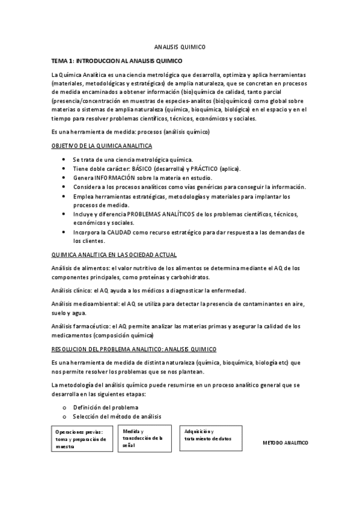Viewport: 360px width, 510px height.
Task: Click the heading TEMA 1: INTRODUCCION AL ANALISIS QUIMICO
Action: click(118, 61)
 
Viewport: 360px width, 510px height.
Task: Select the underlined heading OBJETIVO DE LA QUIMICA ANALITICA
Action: click(102, 146)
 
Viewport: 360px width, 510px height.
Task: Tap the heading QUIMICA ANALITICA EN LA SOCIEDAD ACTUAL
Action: click(114, 254)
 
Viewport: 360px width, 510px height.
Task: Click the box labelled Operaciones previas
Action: click(82, 438)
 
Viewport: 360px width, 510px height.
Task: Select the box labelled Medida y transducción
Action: click(144, 438)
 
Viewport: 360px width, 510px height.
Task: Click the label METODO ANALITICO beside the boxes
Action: click(285, 443)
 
